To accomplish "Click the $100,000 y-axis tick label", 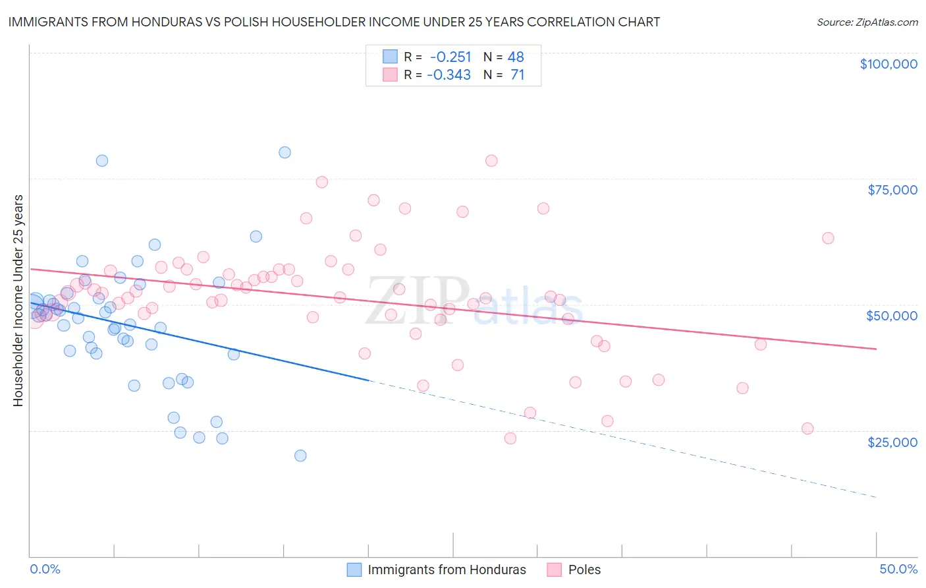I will click(888, 64).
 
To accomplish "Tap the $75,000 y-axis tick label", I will click(892, 190).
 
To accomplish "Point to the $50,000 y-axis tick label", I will click(892, 316).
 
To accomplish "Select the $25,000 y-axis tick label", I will click(892, 442).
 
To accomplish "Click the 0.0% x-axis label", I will click(45, 569).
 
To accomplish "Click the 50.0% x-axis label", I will click(898, 569).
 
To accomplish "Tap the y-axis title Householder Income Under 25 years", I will click(18, 300).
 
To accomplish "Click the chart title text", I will click(334, 22).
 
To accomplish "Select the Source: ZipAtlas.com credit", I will click(867, 22).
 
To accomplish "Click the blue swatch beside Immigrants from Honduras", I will click(354, 570).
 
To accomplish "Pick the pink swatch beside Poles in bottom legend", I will click(555, 570).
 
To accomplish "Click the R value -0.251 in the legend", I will click(450, 57).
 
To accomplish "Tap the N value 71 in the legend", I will click(518, 75).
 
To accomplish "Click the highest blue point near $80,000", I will click(285, 152).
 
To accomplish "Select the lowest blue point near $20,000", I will click(300, 456).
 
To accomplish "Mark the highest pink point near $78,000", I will click(491, 161).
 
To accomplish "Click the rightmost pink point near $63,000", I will click(828, 238).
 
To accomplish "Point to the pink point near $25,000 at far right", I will click(807, 428).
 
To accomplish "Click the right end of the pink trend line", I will click(876, 349).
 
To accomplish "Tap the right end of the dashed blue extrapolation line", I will click(876, 496).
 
